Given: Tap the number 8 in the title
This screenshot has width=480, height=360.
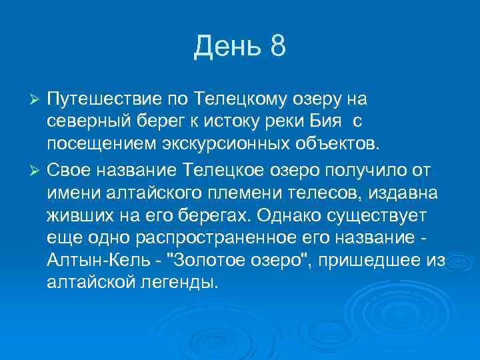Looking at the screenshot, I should click(278, 47).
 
